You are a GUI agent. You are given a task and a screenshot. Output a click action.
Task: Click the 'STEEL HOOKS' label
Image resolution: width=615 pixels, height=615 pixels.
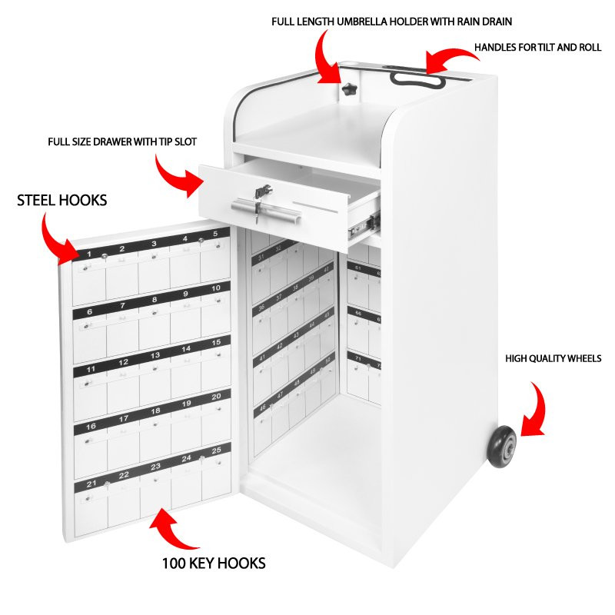tap(62, 201)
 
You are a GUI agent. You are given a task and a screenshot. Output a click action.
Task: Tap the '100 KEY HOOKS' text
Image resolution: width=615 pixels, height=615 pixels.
tap(214, 563)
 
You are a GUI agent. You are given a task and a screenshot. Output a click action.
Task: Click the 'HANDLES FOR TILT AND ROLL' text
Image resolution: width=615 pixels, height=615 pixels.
tap(537, 48)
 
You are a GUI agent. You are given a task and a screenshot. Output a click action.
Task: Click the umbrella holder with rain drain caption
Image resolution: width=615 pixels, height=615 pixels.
tap(391, 21)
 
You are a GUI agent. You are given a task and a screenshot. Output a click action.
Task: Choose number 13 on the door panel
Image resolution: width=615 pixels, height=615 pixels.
tap(155, 355)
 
